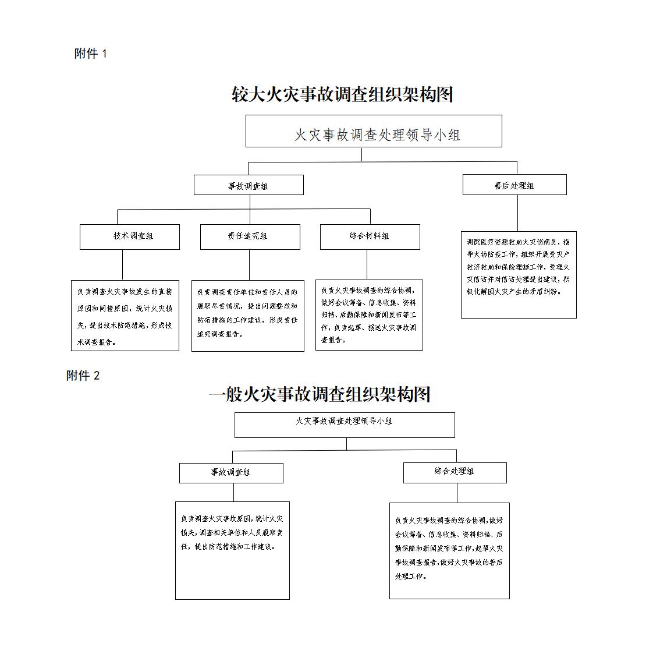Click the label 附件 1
pos(91,54)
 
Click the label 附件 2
pos(83,376)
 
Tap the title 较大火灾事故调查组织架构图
pos(342,94)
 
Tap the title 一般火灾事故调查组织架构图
pos(320,394)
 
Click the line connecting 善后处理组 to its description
pos(517,213)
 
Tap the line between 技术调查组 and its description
pos(122,265)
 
